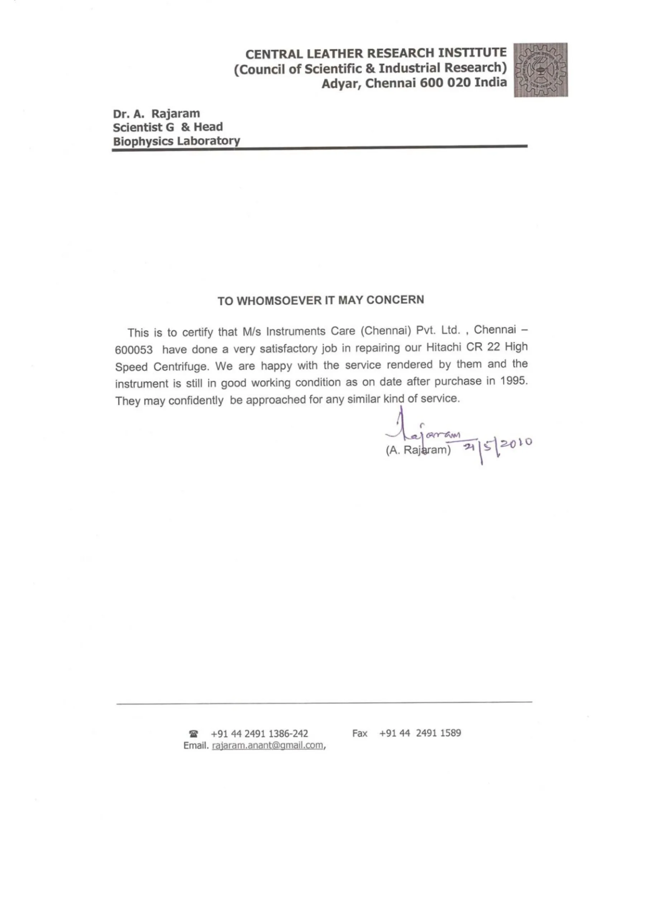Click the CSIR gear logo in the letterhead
(540, 70)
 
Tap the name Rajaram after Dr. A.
(176, 114)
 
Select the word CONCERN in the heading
(395, 299)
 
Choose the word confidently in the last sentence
(195, 400)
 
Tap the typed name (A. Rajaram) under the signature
(418, 450)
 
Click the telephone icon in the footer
(194, 734)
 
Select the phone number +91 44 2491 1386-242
(259, 734)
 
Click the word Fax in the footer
(360, 733)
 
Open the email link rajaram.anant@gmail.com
(267, 745)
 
